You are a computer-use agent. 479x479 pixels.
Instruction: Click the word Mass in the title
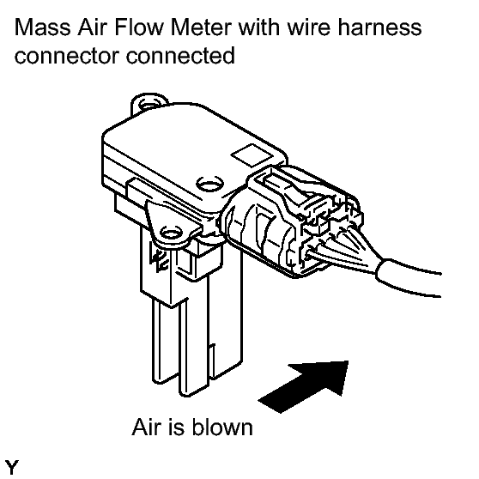[x=42, y=27]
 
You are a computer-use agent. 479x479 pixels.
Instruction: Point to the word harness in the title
[x=379, y=27]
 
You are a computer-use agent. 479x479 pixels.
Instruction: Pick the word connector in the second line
[x=67, y=56]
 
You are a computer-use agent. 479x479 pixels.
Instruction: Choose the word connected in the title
[x=180, y=55]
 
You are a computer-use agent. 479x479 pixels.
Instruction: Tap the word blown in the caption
[x=222, y=427]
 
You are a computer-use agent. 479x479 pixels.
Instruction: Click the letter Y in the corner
[x=12, y=467]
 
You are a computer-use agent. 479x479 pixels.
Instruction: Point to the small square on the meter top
[x=252, y=155]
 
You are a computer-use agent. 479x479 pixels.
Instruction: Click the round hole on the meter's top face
[x=209, y=185]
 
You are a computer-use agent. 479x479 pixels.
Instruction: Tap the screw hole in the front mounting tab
[x=172, y=233]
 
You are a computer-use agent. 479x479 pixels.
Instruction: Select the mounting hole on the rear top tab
[x=150, y=105]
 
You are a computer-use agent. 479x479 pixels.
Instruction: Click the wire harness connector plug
[x=290, y=221]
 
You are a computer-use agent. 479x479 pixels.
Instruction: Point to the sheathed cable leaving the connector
[x=409, y=278]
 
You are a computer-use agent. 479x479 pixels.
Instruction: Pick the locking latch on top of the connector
[x=294, y=190]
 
